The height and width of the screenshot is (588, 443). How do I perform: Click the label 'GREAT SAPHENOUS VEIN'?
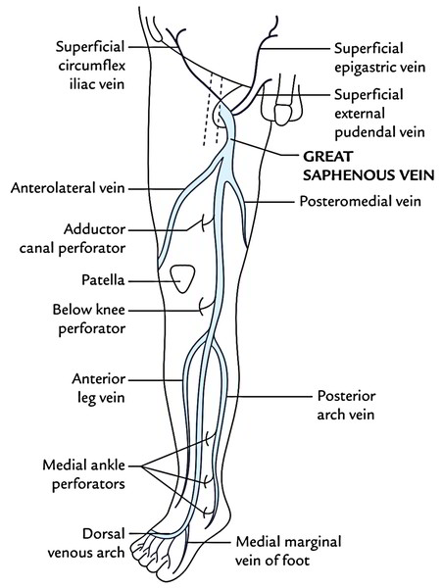point(369,166)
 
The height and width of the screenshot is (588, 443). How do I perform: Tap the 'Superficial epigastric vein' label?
point(379,58)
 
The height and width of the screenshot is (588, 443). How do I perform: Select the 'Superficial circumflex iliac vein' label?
point(90,66)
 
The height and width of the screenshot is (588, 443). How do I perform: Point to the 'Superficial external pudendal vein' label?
point(379,114)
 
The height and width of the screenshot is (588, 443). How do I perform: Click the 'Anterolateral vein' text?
point(68,188)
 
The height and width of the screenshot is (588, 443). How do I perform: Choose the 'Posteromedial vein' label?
point(360,201)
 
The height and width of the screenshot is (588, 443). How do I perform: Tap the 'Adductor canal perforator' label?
point(73,238)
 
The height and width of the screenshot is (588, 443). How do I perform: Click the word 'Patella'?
point(103,280)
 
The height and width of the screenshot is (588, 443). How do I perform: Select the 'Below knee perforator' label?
point(89,319)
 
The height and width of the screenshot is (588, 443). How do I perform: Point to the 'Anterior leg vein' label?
point(99,388)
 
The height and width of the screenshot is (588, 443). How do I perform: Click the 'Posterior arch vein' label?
point(346,406)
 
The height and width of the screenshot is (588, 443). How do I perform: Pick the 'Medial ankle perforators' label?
point(83,474)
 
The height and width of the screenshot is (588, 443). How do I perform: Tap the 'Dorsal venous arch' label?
point(86,543)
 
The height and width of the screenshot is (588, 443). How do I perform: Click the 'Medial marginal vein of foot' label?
point(288,551)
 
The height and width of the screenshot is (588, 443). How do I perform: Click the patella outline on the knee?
point(182,278)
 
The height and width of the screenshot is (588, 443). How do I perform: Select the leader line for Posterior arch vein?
point(269,396)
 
